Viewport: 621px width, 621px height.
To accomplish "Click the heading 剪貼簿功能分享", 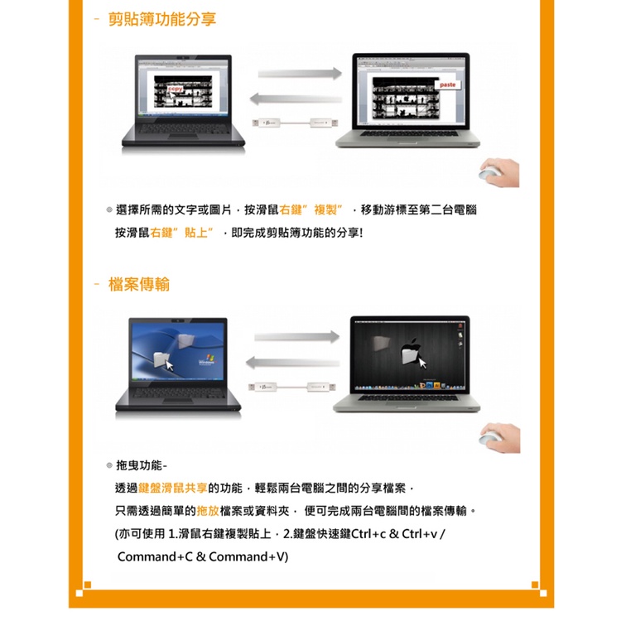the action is [x=162, y=19].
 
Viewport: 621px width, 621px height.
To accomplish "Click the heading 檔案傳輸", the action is [x=139, y=284].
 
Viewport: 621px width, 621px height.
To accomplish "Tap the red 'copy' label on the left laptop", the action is [x=176, y=89].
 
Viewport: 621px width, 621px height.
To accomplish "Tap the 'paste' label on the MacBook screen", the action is [x=447, y=84].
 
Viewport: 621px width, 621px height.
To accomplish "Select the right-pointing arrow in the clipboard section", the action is [x=300, y=73].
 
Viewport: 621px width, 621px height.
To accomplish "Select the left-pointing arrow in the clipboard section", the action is [x=296, y=99].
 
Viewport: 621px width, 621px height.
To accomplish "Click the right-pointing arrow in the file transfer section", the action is [x=296, y=337].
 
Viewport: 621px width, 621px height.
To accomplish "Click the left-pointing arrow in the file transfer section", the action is [x=292, y=363].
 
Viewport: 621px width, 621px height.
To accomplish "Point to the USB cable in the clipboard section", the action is [x=296, y=123].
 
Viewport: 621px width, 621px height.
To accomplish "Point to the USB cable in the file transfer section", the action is [x=292, y=387].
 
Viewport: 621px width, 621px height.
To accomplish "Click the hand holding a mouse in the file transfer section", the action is [x=499, y=438].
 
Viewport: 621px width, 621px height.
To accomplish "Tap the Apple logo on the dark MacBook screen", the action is [x=411, y=349].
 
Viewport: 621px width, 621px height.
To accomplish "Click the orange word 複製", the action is [x=325, y=210].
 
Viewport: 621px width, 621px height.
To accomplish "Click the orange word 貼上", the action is [x=196, y=233].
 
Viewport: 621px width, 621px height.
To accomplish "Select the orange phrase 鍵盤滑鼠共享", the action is [x=173, y=488].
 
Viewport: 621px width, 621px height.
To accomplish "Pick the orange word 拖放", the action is [x=208, y=511].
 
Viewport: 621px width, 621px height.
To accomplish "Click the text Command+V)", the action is [x=248, y=557].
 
